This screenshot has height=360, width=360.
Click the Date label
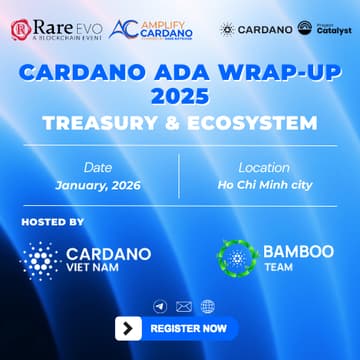click(x=98, y=168)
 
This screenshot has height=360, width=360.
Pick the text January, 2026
click(x=98, y=186)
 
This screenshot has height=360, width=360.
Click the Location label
click(x=264, y=168)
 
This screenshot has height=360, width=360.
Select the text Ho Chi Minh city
click(x=264, y=186)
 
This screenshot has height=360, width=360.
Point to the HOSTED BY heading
click(x=52, y=221)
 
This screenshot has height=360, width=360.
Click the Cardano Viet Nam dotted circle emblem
click(x=40, y=258)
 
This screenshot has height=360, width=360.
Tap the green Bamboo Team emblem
click(x=237, y=258)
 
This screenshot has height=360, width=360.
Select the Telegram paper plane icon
click(x=159, y=306)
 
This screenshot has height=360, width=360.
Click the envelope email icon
click(x=183, y=306)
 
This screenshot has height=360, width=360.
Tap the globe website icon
click(x=208, y=306)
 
